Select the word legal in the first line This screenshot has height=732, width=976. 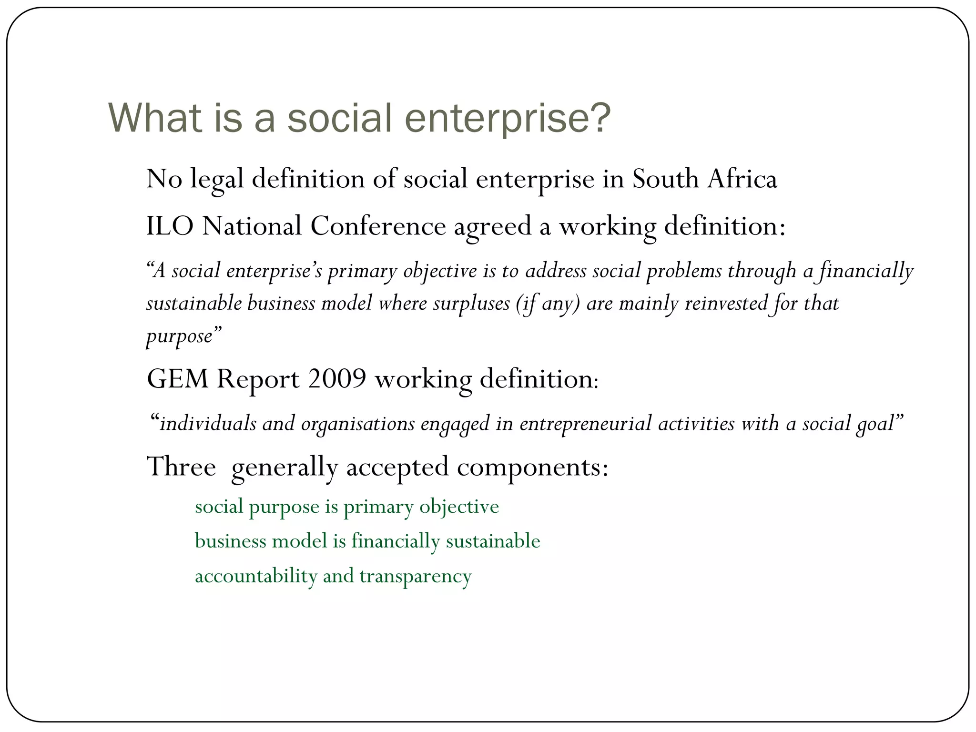click(217, 180)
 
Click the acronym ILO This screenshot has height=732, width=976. click(170, 226)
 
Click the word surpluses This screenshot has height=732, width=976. click(471, 304)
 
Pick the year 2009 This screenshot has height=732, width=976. click(337, 379)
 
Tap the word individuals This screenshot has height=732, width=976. click(208, 424)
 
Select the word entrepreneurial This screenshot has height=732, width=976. click(585, 424)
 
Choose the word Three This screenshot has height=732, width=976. click(181, 467)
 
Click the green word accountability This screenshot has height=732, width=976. click(256, 576)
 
